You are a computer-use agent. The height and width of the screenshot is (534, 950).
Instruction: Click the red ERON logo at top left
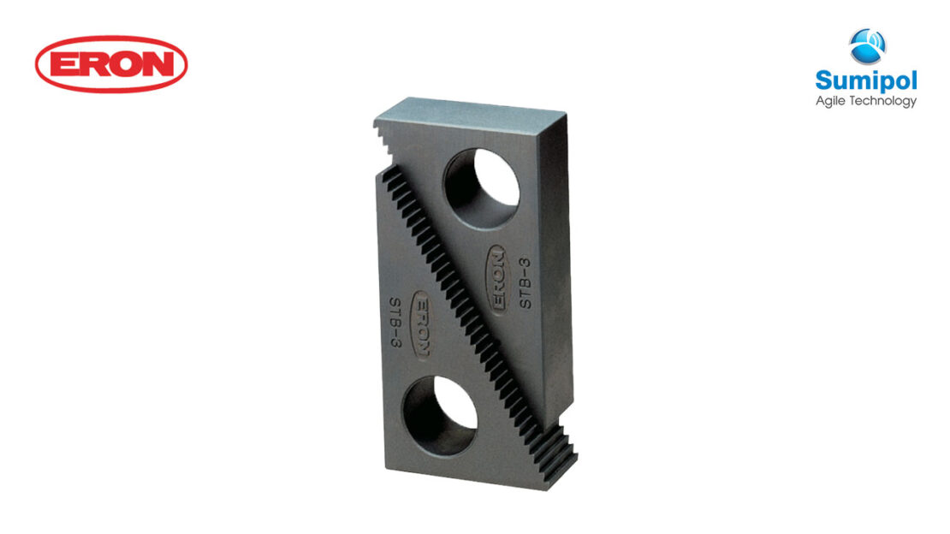pos(111,63)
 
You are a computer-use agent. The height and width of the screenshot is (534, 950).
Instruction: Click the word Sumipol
pos(865,81)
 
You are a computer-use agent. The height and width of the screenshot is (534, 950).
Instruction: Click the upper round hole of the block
pos(482,188)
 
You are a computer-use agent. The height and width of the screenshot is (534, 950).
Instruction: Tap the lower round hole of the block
pos(440,415)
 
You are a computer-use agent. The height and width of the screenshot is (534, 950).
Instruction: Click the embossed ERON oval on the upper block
pos(497,279)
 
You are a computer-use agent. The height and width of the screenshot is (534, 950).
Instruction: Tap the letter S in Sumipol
pos(823,81)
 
